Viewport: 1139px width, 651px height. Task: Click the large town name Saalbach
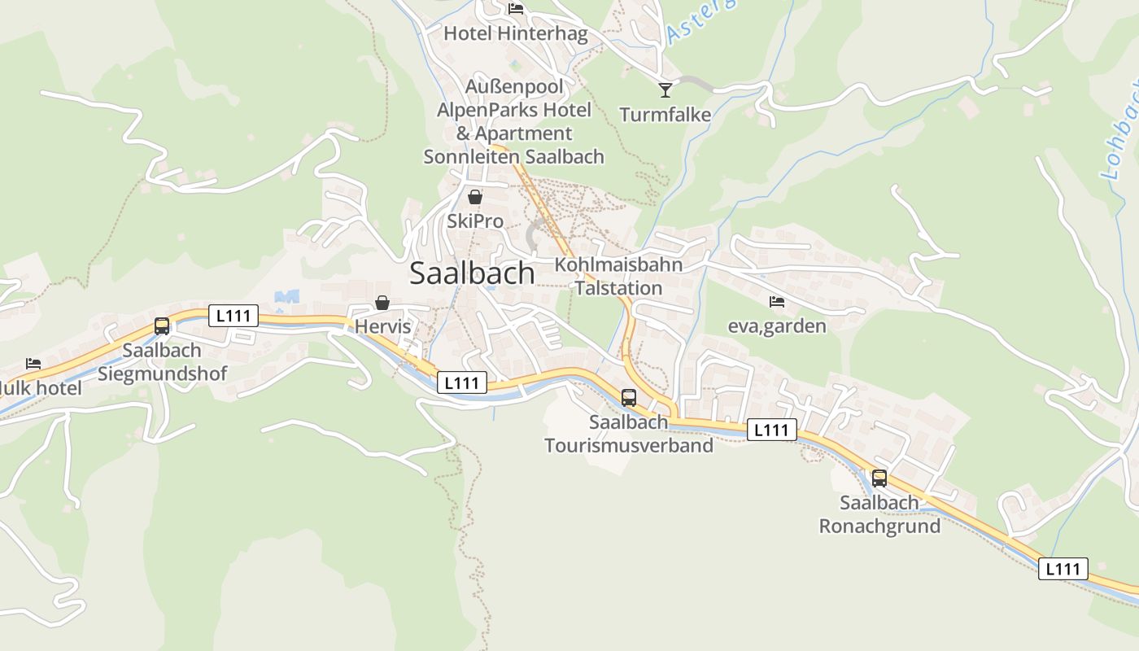coord(472,273)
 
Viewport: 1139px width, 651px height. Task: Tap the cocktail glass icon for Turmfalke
coord(666,90)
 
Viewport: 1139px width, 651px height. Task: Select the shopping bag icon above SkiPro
coord(475,197)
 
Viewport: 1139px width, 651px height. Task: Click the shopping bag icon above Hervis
coord(382,304)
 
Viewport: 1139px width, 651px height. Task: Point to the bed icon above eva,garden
coord(777,302)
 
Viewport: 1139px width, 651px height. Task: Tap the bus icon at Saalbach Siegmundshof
coord(162,326)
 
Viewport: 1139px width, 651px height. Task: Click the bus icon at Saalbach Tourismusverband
coord(629,398)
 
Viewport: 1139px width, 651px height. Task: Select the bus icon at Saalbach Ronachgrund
coord(879,478)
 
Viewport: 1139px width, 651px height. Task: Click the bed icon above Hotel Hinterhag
coord(515,9)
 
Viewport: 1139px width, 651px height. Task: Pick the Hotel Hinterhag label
coord(515,33)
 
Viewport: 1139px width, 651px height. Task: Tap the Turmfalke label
coord(666,115)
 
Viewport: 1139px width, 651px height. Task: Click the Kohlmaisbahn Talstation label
coord(618,276)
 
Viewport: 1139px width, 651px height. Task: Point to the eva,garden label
coord(777,326)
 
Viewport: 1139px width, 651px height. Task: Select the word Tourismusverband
coord(629,445)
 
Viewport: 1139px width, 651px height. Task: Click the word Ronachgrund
coord(879,526)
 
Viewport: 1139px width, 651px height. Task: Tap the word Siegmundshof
coord(162,374)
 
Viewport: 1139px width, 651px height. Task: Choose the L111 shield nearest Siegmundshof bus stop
coord(233,316)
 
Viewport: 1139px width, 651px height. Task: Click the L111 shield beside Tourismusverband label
coord(770,430)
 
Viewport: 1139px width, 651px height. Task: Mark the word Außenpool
coord(514,85)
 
